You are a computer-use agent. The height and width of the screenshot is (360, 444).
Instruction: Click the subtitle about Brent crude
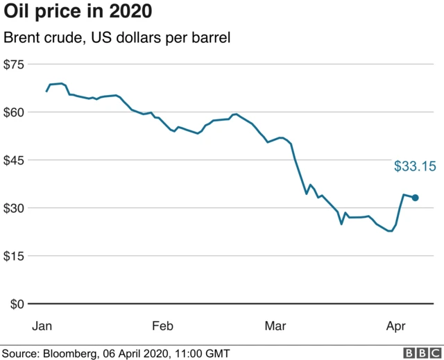tap(117, 38)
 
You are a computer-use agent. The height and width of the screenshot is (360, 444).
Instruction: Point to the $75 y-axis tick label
tap(14, 65)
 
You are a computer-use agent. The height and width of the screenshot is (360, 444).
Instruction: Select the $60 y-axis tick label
tap(14, 112)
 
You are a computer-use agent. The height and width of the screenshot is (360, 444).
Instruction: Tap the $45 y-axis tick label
tap(14, 160)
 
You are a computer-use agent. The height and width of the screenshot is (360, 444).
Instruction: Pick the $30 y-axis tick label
tap(14, 208)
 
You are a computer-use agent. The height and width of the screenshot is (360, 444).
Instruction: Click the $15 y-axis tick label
tap(14, 256)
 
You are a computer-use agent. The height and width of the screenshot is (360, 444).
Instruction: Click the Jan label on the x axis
tap(42, 325)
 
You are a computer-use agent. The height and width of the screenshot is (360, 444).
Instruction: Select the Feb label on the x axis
tap(162, 325)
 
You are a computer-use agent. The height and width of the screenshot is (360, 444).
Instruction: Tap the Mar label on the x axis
tap(276, 325)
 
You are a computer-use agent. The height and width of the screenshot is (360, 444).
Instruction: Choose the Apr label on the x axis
tap(395, 325)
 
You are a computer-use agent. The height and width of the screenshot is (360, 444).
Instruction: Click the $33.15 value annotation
tap(415, 166)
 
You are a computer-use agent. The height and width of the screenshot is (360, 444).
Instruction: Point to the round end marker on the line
tap(416, 198)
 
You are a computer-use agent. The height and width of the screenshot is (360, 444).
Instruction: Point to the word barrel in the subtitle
tap(211, 38)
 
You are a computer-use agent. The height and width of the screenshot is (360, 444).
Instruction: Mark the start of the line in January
tap(46, 91)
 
